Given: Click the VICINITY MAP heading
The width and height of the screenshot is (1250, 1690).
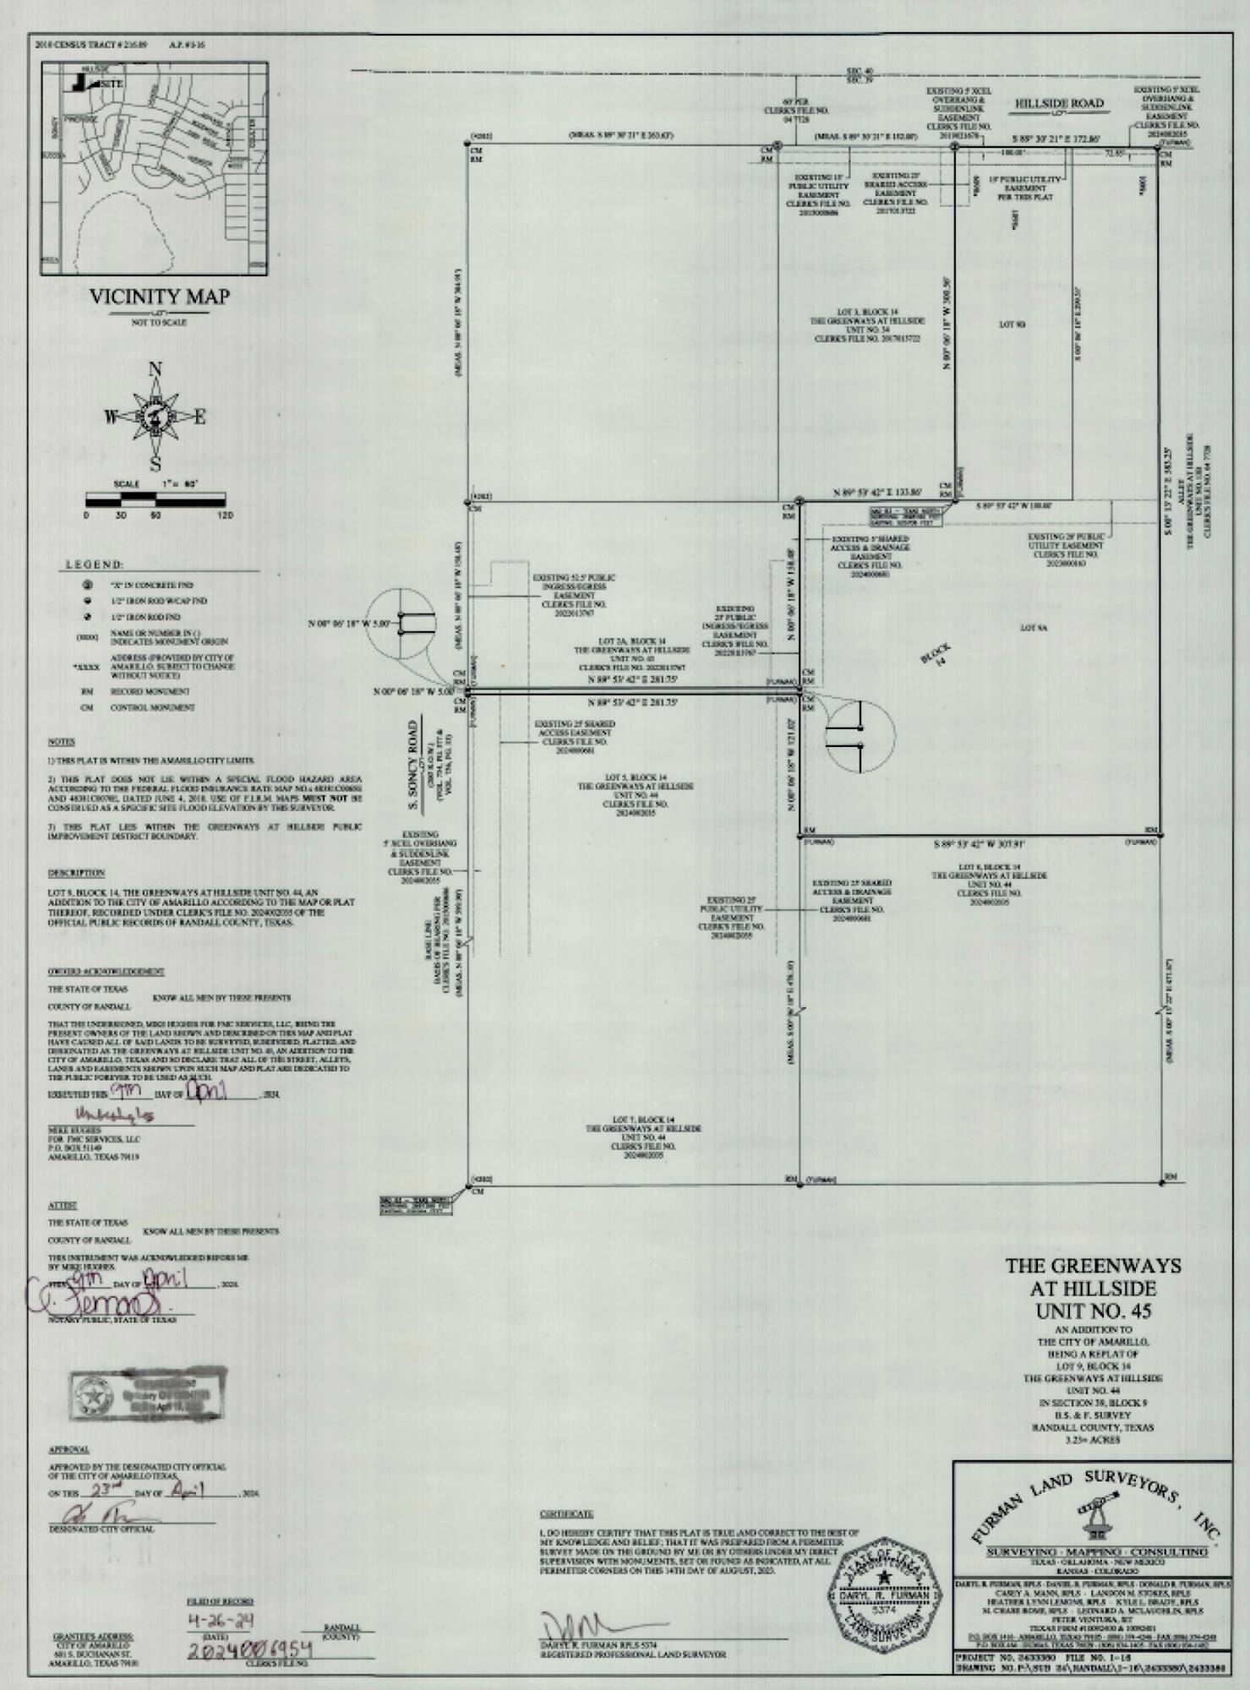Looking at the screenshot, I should click(x=159, y=297).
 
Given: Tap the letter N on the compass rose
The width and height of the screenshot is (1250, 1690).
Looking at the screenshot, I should click(x=156, y=368).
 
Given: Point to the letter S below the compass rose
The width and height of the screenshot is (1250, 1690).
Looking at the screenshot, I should click(x=156, y=464).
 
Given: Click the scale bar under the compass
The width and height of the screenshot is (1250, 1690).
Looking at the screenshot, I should click(x=156, y=501).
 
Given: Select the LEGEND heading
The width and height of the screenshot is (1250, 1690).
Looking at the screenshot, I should click(x=95, y=564).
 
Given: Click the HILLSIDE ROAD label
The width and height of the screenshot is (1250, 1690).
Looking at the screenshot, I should click(x=1059, y=103).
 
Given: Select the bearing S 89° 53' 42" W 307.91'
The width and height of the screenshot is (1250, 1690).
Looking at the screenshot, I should click(x=980, y=844).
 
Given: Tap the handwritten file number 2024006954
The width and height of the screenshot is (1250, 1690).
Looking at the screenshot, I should click(x=250, y=1649).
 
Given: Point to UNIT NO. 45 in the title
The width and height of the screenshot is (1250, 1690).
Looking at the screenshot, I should click(x=1093, y=1311).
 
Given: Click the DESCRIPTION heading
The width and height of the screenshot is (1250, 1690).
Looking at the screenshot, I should click(x=76, y=873).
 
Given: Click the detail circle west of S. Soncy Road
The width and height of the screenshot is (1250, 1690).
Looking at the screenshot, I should click(x=401, y=624).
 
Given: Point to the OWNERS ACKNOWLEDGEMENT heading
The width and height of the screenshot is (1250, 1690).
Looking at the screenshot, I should click(x=106, y=972).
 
